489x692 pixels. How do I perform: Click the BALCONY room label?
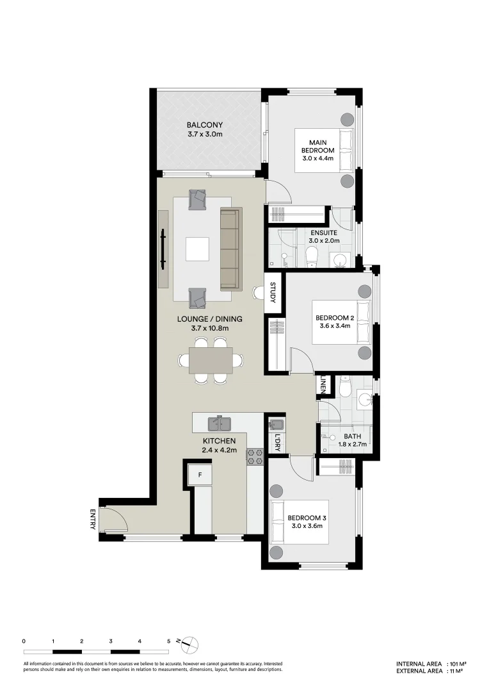[x=204, y=125]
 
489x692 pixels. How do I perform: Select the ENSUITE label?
[x=323, y=233]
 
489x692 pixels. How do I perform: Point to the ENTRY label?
[x=93, y=519]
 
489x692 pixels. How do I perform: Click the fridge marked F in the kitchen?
[x=200, y=475]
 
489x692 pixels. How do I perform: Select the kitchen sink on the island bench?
[x=219, y=423]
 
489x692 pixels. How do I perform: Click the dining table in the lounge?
[x=211, y=361]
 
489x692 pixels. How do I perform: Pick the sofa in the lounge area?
[x=230, y=248]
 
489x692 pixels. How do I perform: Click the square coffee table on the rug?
[x=197, y=249]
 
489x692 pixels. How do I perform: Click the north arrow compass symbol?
[x=191, y=643]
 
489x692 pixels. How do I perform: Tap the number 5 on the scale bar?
[x=168, y=641]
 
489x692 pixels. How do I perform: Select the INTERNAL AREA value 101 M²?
[x=456, y=664]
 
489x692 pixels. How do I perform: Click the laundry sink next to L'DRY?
[x=276, y=424]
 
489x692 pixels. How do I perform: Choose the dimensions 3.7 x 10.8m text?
[x=210, y=328]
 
